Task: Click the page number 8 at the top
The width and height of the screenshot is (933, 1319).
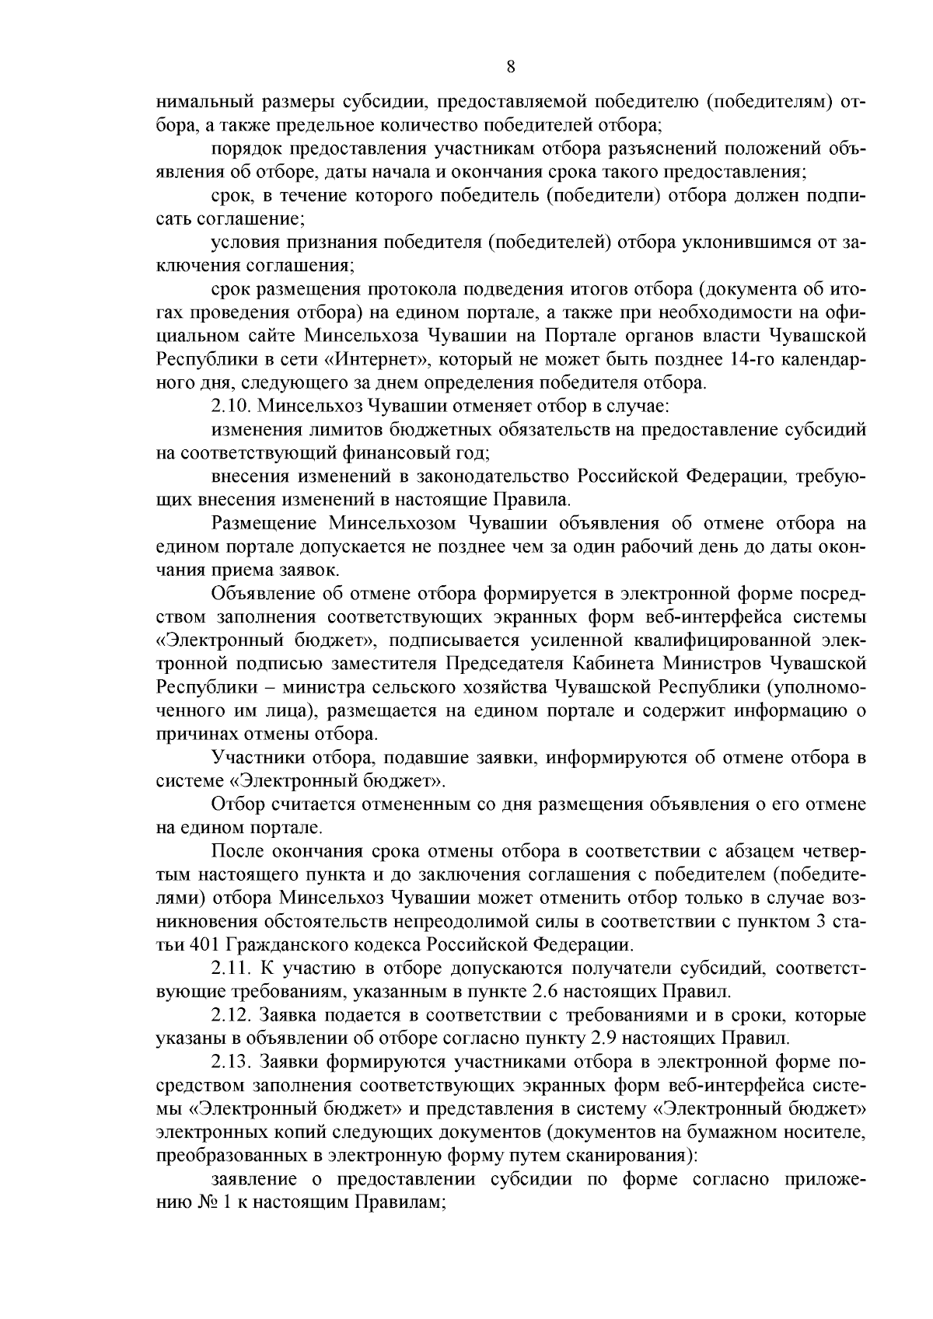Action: click(x=510, y=66)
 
